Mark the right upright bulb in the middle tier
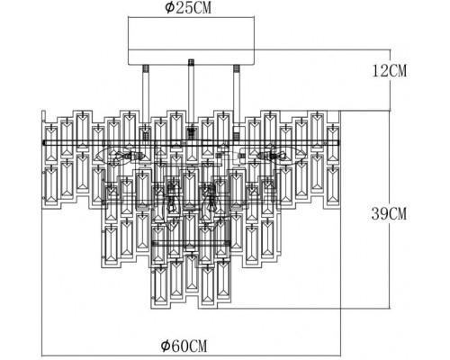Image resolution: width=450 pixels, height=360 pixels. tap(212, 200)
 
